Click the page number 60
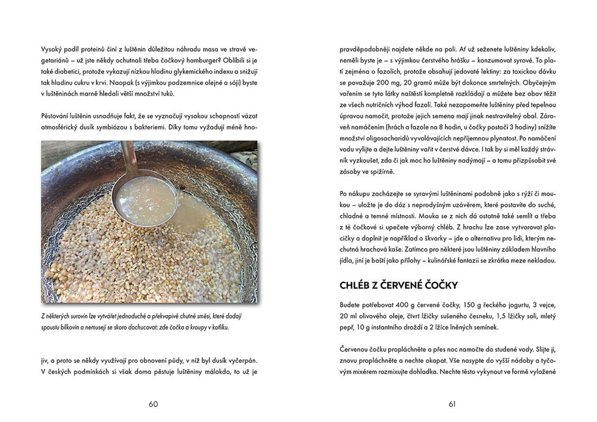point(153,404)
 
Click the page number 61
point(452,404)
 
